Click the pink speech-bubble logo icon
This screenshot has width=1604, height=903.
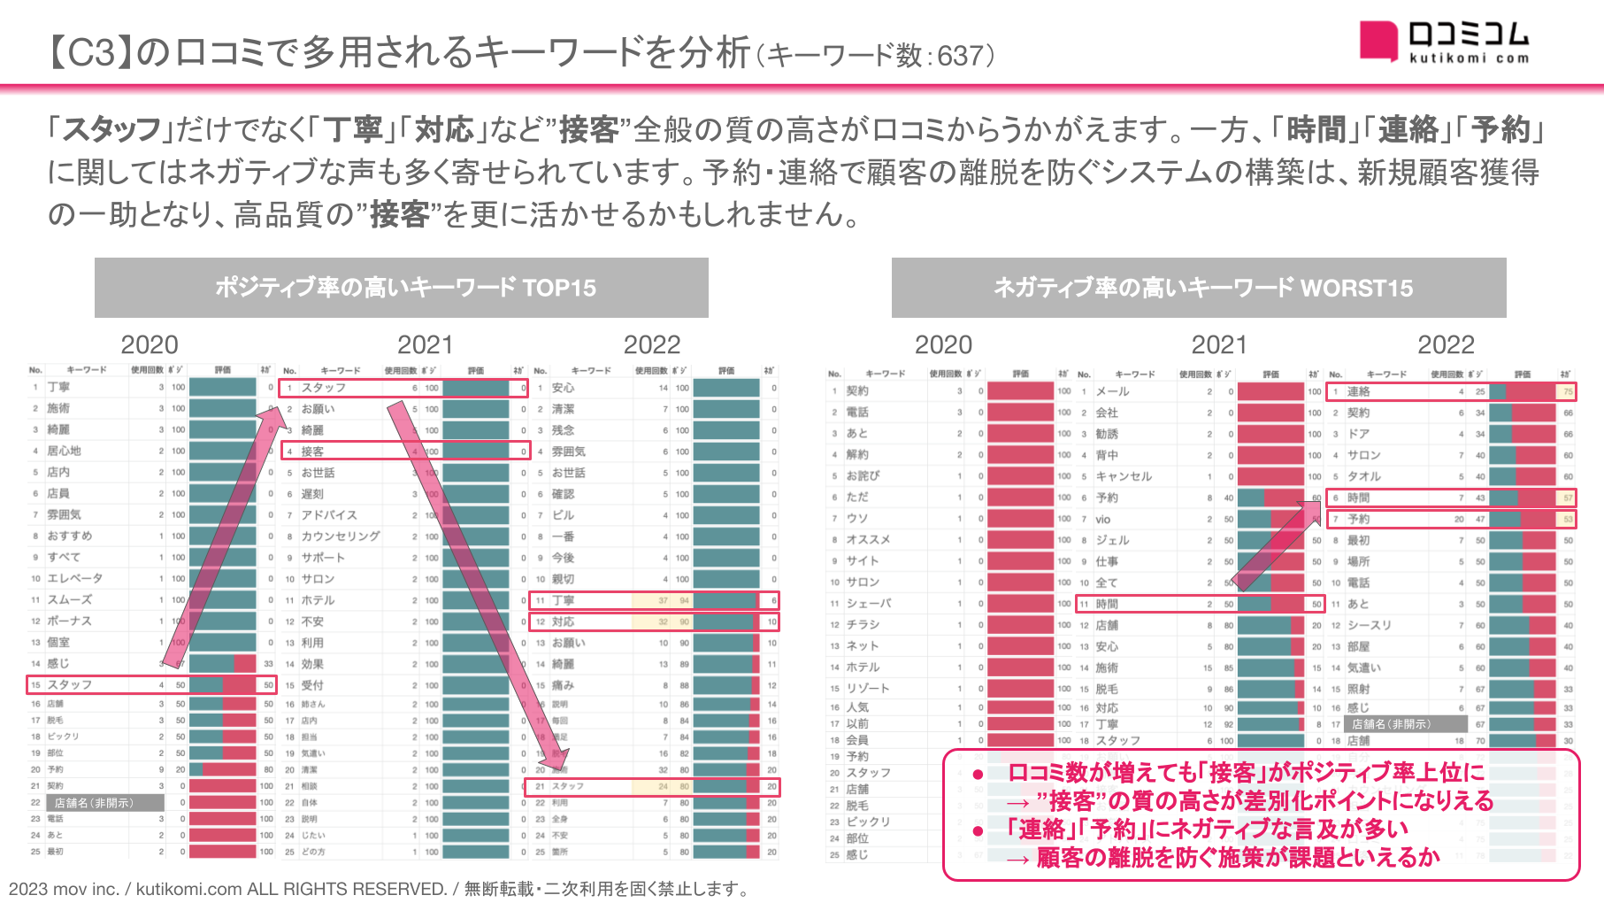1378,41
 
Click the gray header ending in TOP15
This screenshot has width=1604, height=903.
402,288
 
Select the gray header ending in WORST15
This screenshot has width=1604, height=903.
1199,288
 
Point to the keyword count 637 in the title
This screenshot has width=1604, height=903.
960,56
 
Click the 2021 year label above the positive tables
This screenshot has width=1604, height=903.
426,344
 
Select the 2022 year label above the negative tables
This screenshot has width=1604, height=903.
1446,344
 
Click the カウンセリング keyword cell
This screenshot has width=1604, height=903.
341,536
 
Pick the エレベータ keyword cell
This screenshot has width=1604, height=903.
75,578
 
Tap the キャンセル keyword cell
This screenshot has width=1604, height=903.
1124,476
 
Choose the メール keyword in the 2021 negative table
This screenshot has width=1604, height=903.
1112,391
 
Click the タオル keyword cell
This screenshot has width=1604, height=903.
1363,476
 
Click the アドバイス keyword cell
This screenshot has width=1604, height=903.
329,515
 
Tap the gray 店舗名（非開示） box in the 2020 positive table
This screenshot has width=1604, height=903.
95,803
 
